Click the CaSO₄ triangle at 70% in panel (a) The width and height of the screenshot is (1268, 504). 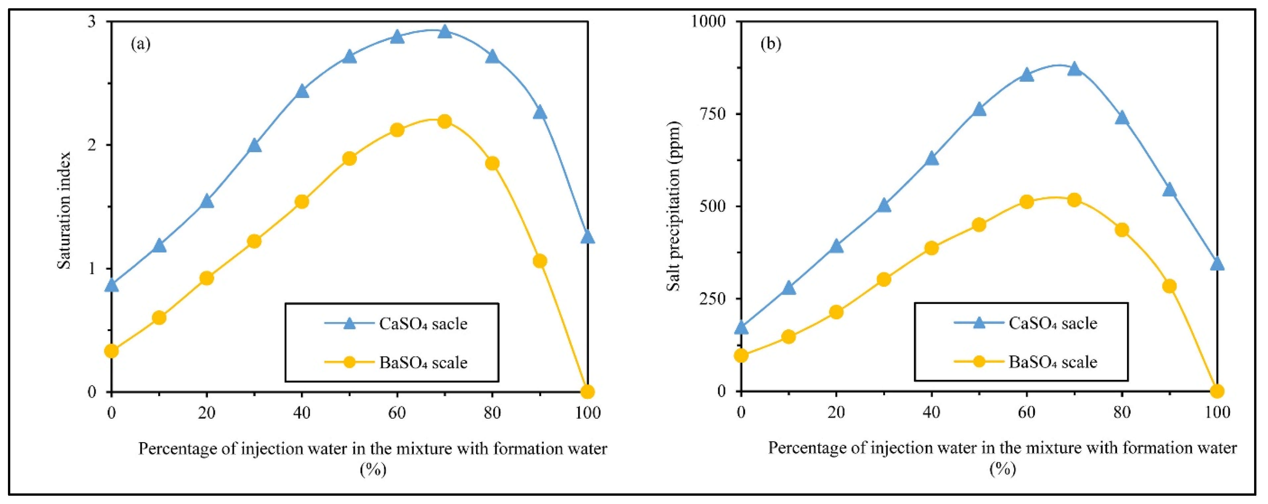point(445,31)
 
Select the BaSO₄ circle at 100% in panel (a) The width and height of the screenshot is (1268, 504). point(587,392)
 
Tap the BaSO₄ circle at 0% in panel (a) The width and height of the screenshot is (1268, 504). point(112,351)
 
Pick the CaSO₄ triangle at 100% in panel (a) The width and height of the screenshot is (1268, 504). point(587,237)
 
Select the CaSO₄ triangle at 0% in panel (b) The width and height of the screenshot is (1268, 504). point(741,327)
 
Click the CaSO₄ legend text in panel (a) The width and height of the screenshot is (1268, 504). point(423,324)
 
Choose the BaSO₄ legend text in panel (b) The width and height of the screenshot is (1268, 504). point(1053,362)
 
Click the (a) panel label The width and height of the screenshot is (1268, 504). point(141,44)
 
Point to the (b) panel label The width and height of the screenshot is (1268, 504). point(771,44)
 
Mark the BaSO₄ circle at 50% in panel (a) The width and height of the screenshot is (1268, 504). point(350,159)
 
